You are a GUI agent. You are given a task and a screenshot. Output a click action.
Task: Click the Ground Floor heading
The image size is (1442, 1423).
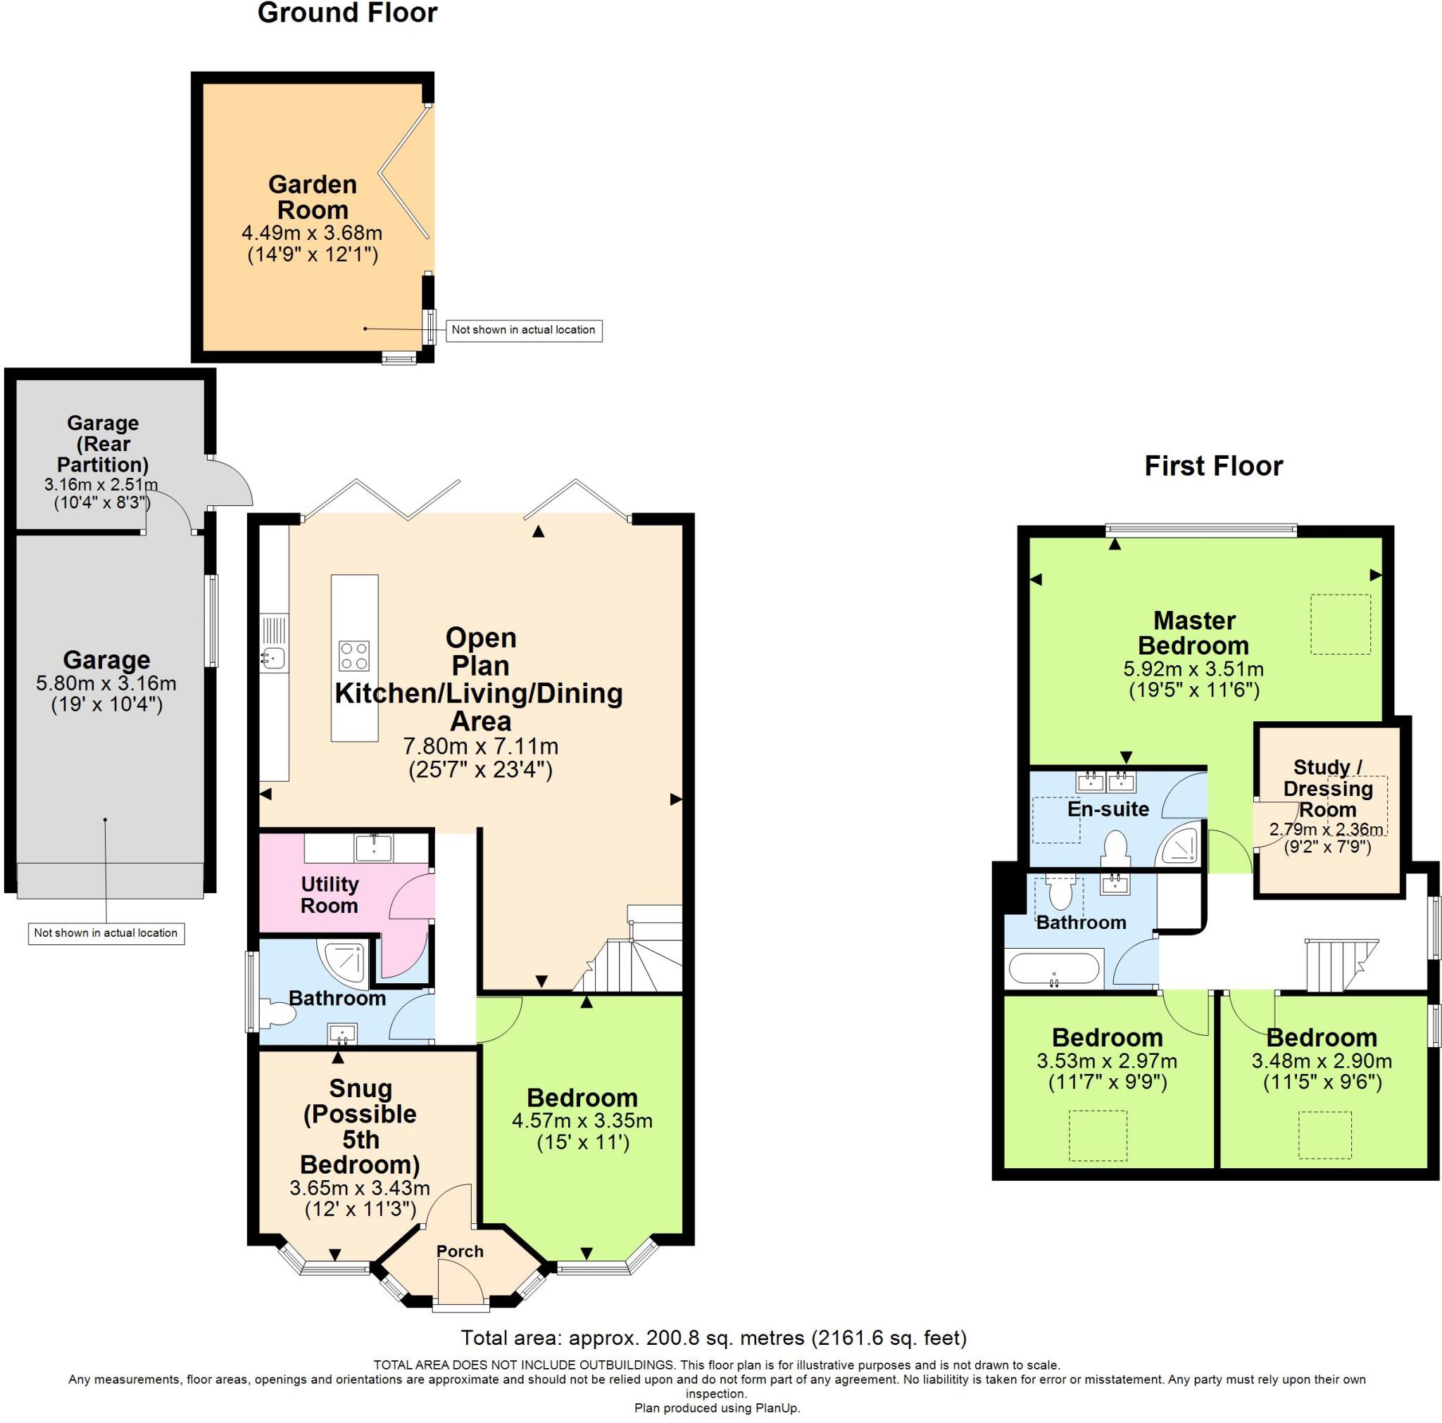click(x=347, y=13)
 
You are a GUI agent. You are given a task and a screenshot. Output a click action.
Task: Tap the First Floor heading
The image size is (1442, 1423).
click(x=1214, y=467)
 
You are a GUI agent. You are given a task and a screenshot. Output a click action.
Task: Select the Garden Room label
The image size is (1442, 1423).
click(x=312, y=197)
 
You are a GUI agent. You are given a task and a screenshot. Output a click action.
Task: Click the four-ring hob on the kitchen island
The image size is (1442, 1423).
click(x=353, y=656)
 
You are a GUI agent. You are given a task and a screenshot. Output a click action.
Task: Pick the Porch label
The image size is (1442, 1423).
click(x=460, y=1251)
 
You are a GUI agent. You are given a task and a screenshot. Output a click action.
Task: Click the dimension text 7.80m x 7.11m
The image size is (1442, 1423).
click(x=481, y=746)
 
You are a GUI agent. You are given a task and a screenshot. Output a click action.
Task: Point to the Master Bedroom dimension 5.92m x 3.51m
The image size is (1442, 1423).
click(x=1193, y=669)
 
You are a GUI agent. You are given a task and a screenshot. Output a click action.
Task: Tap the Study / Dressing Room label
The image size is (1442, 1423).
click(x=1328, y=788)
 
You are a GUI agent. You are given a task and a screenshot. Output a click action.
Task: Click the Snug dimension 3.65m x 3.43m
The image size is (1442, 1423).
click(x=360, y=1187)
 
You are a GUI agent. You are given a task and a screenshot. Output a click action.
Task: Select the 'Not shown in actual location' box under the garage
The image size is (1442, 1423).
click(x=106, y=932)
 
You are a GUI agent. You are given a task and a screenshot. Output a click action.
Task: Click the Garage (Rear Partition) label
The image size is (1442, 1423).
click(x=102, y=443)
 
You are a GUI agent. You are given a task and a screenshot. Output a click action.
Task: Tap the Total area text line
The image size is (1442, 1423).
click(x=713, y=1338)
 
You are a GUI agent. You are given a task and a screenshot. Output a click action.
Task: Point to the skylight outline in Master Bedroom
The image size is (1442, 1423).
click(x=1341, y=624)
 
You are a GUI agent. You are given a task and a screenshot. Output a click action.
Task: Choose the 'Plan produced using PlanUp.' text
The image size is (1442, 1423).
click(x=717, y=1408)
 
